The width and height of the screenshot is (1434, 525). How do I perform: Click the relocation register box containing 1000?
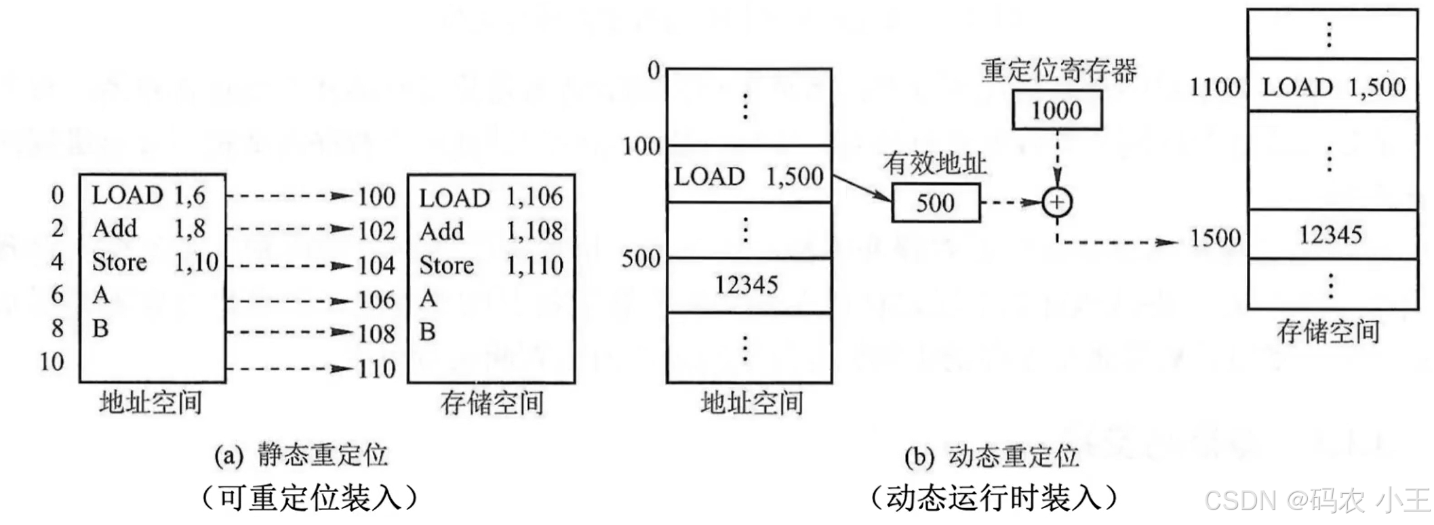point(1056,110)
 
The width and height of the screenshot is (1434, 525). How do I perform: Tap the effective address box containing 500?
point(935,203)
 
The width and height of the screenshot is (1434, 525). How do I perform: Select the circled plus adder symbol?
point(1056,202)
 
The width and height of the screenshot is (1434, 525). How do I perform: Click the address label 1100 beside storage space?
point(1215,87)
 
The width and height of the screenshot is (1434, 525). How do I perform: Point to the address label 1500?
point(1215,238)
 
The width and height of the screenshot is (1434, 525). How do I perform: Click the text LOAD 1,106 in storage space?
point(491,197)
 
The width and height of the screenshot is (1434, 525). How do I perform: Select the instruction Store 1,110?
point(491,265)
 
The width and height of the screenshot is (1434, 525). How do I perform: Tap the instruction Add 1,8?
point(149,229)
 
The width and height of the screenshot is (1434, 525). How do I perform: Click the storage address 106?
point(376,299)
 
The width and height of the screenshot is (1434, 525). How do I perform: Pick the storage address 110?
point(376,369)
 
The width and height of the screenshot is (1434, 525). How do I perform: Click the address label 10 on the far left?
point(52,362)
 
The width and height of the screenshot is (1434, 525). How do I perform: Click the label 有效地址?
point(934,163)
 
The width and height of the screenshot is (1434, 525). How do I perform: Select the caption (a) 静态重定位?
point(301,455)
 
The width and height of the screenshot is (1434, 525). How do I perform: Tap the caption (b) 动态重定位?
point(991,456)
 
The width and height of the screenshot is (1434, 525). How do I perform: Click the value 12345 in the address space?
point(746,285)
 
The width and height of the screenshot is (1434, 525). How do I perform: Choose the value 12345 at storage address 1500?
point(1330,235)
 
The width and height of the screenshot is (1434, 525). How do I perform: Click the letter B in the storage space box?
point(427,332)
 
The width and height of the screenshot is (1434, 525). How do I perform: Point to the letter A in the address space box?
point(101,295)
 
